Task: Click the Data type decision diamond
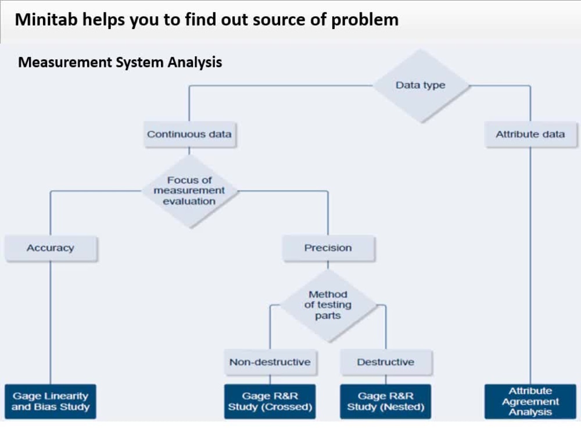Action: (420, 85)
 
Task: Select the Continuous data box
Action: (189, 134)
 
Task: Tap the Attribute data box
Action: (530, 134)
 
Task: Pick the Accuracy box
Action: (51, 248)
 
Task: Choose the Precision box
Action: (328, 248)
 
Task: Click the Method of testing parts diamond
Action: (328, 305)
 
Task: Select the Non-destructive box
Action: (270, 362)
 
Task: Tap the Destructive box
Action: (385, 362)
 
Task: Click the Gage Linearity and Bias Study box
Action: (51, 402)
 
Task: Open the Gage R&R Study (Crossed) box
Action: (270, 402)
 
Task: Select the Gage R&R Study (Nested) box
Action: (385, 402)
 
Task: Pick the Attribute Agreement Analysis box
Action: (530, 402)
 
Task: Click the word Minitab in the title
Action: (45, 20)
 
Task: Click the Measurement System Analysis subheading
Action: (120, 62)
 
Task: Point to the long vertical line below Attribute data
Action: (530, 262)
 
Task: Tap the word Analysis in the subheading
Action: (195, 62)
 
